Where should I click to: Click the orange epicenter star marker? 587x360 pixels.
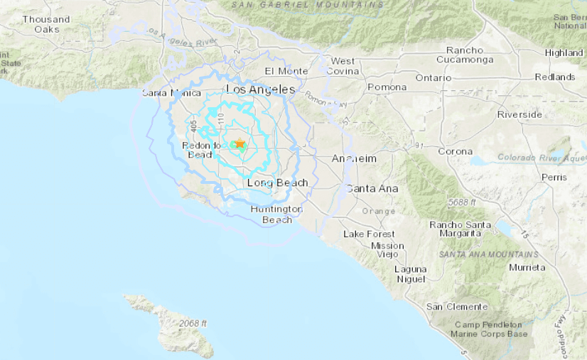tap(240, 143)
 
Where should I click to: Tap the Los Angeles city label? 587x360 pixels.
tap(260, 89)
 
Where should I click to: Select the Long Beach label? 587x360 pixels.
tap(277, 183)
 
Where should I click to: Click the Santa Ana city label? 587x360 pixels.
tap(372, 188)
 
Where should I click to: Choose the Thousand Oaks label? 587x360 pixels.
tap(46, 24)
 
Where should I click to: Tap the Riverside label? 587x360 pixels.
tap(519, 114)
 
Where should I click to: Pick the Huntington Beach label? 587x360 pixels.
tap(276, 214)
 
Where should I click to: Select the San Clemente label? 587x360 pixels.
tap(457, 306)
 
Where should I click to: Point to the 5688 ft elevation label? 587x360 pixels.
tap(463, 202)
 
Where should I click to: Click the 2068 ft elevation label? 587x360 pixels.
tap(193, 323)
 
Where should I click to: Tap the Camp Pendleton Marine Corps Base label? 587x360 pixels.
tap(491, 329)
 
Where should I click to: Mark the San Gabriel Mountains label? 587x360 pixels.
tap(308, 5)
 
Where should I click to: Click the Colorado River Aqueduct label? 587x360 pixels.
tap(542, 157)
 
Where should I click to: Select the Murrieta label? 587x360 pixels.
tap(527, 267)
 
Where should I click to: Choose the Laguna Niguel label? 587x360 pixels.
tap(411, 274)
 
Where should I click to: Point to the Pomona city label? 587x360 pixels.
tap(387, 87)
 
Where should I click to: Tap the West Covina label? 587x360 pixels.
tap(343, 66)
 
